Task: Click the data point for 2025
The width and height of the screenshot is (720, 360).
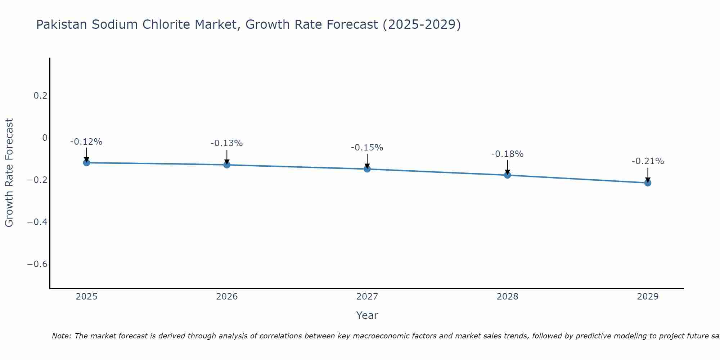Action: (x=86, y=163)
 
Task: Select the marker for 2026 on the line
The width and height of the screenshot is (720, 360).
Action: (x=227, y=165)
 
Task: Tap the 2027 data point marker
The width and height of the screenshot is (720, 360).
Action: (x=367, y=169)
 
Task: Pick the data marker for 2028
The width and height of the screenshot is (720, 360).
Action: (x=508, y=175)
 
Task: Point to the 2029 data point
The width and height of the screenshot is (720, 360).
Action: (x=648, y=183)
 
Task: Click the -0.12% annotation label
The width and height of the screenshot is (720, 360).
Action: (x=86, y=142)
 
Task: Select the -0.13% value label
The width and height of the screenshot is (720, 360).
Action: (x=227, y=143)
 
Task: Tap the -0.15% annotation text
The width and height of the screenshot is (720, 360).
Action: (x=367, y=148)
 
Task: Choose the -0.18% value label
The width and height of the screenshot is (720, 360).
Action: (x=508, y=154)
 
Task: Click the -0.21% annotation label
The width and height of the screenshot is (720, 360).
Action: (x=648, y=161)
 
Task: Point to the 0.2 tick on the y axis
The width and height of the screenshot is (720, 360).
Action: (x=40, y=96)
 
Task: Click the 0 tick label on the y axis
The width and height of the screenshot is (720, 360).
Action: (x=45, y=138)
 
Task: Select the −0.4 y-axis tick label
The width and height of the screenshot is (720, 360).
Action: (x=37, y=222)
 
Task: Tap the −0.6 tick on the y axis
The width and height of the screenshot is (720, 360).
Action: (x=37, y=264)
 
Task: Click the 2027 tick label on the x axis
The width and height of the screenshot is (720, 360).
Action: (x=367, y=297)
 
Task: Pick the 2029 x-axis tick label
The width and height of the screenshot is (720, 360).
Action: (x=648, y=297)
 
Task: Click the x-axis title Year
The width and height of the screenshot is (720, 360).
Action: (x=367, y=315)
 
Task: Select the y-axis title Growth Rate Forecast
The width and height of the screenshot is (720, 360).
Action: (x=9, y=173)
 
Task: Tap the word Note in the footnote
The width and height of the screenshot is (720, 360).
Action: (x=61, y=336)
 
